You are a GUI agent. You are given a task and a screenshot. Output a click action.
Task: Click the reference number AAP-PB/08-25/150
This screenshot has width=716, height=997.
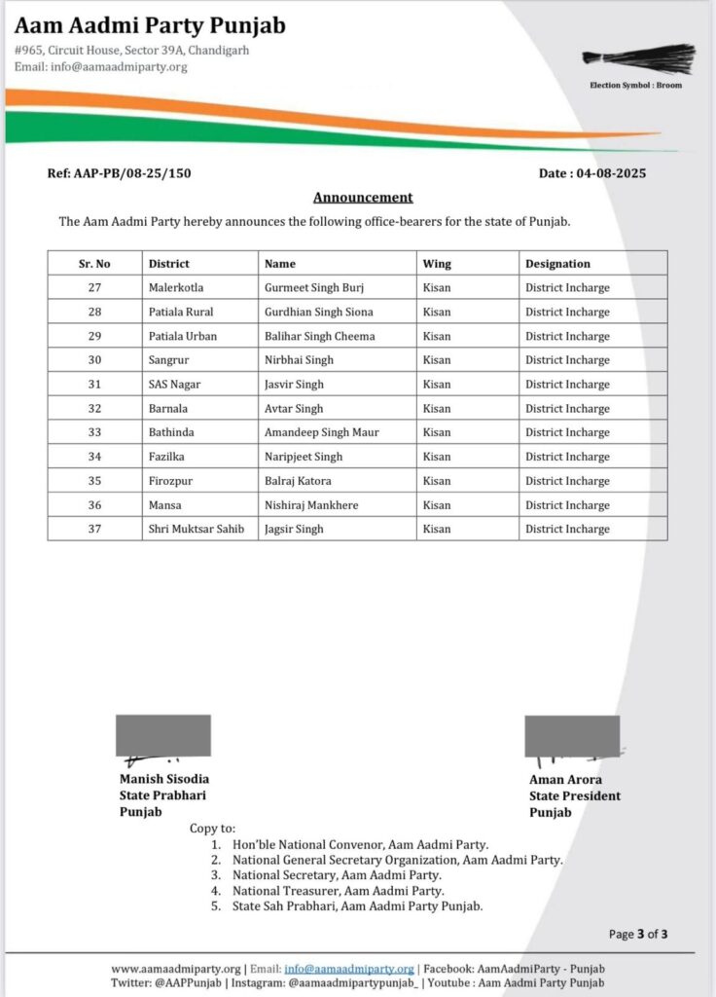coord(120,173)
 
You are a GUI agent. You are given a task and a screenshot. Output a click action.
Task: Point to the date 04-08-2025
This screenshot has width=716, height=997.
coord(592,173)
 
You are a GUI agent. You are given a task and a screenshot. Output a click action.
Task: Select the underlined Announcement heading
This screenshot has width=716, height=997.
coord(363,197)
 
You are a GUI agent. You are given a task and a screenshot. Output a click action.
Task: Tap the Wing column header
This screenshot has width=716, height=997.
coord(437,264)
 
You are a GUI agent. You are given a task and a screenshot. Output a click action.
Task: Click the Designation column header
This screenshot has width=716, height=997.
coord(557,264)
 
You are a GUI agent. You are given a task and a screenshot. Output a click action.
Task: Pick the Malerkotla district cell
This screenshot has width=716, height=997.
coord(176,288)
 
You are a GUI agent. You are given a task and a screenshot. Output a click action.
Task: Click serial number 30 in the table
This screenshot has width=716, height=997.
coord(94,360)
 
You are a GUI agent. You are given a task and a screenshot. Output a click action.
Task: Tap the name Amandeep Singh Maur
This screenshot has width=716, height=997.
coord(322,432)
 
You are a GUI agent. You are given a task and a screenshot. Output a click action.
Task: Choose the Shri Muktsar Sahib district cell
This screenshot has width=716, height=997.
coord(196,529)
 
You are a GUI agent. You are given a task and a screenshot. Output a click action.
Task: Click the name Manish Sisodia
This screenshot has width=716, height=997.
coord(164,779)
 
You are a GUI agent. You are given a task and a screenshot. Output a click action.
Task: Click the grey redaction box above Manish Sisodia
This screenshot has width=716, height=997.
coord(163,734)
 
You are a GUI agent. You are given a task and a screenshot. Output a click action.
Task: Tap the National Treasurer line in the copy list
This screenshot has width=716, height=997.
coord(338,891)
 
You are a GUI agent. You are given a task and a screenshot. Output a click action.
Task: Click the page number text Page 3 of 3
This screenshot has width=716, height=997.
coord(638,935)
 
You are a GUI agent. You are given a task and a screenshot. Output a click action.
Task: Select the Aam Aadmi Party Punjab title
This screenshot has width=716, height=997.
coord(150,25)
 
